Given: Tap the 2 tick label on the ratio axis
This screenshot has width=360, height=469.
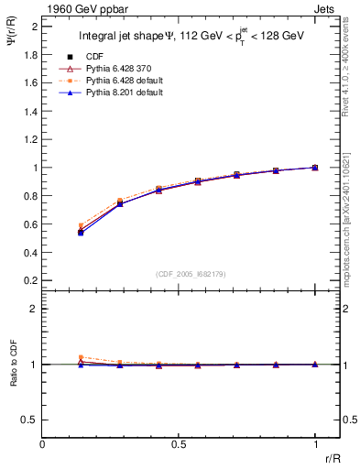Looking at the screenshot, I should (33, 309).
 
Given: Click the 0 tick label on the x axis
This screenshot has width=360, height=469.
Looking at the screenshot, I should (42, 444).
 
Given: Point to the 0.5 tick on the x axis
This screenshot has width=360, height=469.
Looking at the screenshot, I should (179, 444).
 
